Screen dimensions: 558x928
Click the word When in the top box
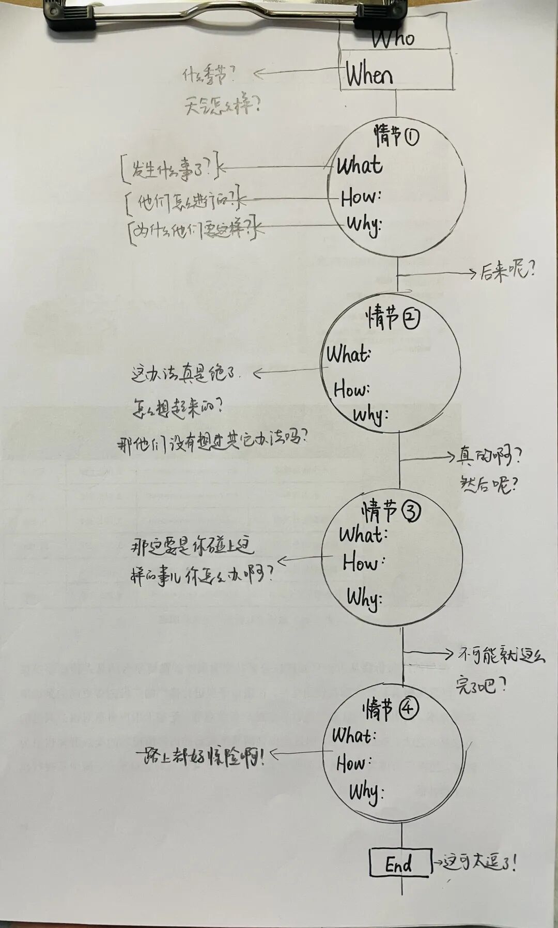coord(369,75)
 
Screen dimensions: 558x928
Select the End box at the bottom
coord(400,863)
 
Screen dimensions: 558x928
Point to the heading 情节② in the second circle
coord(393,317)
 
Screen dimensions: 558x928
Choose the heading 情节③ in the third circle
coord(391,511)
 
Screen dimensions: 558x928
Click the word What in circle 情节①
coord(360,166)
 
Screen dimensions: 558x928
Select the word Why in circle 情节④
coord(365,792)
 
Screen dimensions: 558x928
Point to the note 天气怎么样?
coord(223,107)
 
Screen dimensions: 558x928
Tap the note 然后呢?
coord(489,485)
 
